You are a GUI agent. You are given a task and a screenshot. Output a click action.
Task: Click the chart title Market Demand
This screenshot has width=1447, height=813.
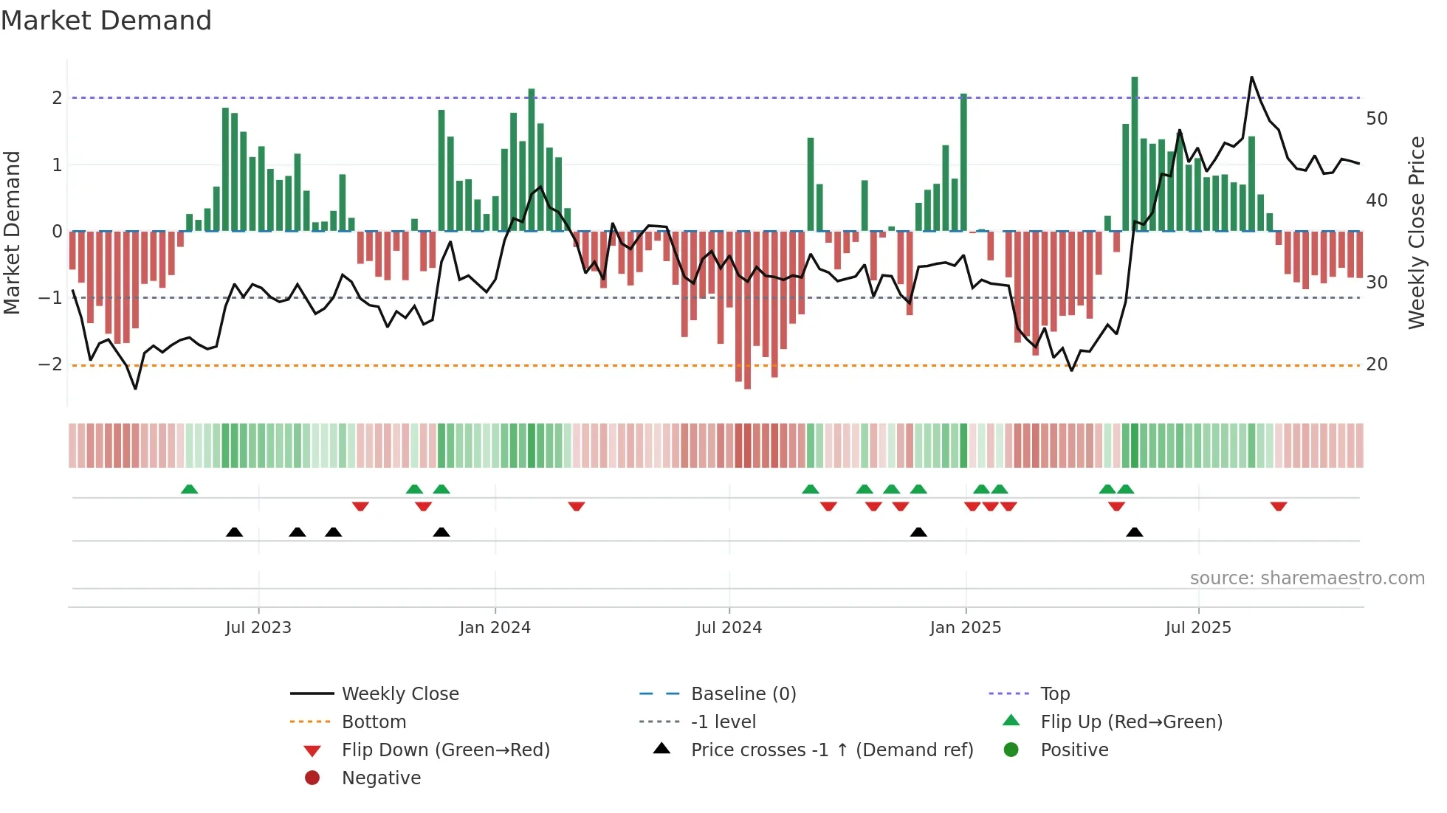point(106,21)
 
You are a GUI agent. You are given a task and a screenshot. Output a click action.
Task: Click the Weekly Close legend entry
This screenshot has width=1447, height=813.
point(399,693)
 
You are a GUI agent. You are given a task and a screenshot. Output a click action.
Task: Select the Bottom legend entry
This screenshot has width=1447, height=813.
point(374,722)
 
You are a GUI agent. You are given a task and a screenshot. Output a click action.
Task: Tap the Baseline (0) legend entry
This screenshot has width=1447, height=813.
point(743,693)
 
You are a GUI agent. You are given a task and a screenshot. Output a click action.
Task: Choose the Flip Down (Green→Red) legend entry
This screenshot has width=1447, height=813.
point(445,750)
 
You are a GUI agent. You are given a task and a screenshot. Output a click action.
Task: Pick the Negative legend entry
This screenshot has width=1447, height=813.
point(381,778)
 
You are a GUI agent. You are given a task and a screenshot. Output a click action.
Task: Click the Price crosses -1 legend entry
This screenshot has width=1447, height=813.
point(831,750)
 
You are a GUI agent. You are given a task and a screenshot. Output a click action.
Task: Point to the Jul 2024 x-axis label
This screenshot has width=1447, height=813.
point(729,627)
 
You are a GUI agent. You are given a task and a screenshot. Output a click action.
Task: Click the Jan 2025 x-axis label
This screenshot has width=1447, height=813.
point(965,627)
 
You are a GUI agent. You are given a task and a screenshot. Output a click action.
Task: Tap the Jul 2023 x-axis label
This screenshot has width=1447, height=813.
point(258,627)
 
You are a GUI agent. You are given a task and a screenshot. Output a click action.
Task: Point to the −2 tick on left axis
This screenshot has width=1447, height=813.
point(50,364)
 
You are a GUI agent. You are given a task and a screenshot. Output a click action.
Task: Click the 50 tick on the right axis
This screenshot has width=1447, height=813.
point(1376,119)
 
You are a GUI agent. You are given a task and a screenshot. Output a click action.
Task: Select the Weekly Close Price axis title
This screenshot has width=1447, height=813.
point(1416,232)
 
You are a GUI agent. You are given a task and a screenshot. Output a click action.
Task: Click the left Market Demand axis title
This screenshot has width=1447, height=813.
point(12,232)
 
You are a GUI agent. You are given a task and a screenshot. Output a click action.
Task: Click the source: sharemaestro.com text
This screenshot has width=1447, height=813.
point(1307,578)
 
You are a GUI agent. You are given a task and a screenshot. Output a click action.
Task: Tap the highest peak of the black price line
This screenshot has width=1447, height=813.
point(1251,77)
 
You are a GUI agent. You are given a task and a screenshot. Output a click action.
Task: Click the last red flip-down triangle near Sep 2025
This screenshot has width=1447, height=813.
point(1279,506)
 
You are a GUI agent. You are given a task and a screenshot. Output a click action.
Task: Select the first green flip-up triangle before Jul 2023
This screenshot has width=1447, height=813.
point(190,489)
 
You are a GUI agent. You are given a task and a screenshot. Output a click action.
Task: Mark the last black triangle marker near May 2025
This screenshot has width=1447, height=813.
point(1135,532)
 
